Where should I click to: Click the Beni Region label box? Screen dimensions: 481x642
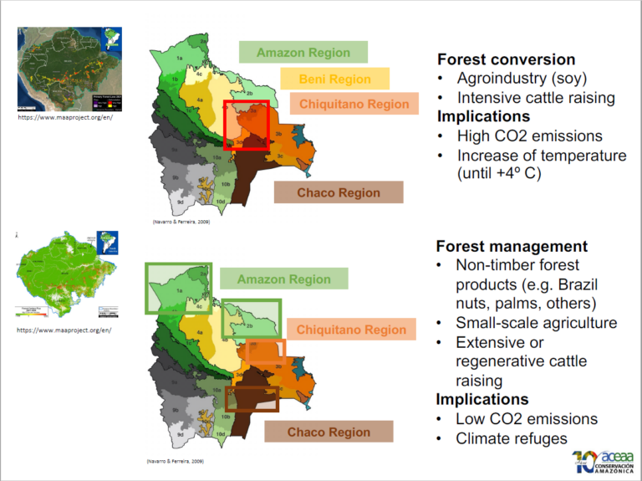click(x=336, y=79)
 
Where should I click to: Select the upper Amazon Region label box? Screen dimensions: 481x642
click(x=303, y=53)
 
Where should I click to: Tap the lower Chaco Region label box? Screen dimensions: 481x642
click(x=329, y=432)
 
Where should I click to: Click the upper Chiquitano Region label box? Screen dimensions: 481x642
click(x=354, y=105)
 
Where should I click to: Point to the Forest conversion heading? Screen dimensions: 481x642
click(x=506, y=59)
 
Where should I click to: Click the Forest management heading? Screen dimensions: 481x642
click(x=512, y=247)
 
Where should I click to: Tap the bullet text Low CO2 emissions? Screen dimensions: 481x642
click(x=526, y=419)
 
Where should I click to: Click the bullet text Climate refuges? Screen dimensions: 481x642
click(x=511, y=438)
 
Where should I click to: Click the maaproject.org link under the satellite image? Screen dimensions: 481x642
click(x=65, y=118)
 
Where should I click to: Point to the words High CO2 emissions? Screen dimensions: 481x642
click(x=529, y=136)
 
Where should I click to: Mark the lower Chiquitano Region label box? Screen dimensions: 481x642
click(x=351, y=330)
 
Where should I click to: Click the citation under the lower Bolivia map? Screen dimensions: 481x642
click(x=175, y=462)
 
